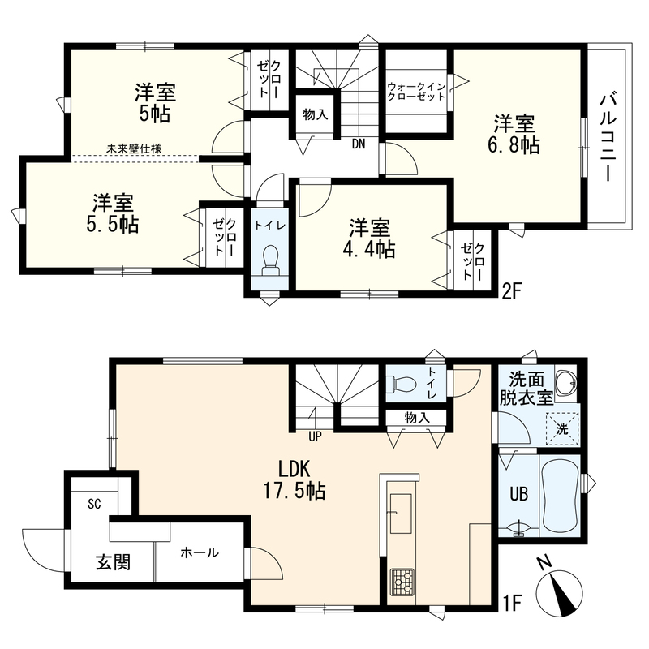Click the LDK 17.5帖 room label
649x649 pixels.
pyautogui.click(x=294, y=480)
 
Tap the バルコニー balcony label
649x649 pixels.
pyautogui.click(x=608, y=138)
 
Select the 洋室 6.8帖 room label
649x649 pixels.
pyautogui.click(x=514, y=134)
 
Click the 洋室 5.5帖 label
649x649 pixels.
pyautogui.click(x=112, y=213)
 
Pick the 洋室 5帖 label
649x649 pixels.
pyautogui.click(x=155, y=103)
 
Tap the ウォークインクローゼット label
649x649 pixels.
pyautogui.click(x=416, y=92)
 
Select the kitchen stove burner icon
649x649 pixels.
pyautogui.click(x=401, y=582)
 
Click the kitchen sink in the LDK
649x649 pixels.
pyautogui.click(x=401, y=514)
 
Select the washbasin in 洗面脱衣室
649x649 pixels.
pyautogui.click(x=565, y=380)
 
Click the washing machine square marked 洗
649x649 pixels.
pyautogui.click(x=562, y=429)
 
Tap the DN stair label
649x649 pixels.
pyautogui.click(x=359, y=144)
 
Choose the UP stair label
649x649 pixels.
pyautogui.click(x=315, y=436)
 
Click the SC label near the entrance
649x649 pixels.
pyautogui.click(x=94, y=504)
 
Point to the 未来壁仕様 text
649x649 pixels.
pyautogui.click(x=134, y=148)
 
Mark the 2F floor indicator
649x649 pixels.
pyautogui.click(x=510, y=292)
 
